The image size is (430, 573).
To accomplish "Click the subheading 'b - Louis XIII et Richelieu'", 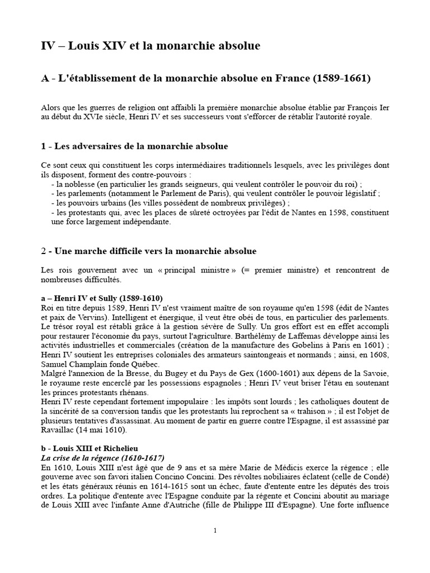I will tap(92, 449).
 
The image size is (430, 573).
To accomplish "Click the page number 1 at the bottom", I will tap(215, 531).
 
